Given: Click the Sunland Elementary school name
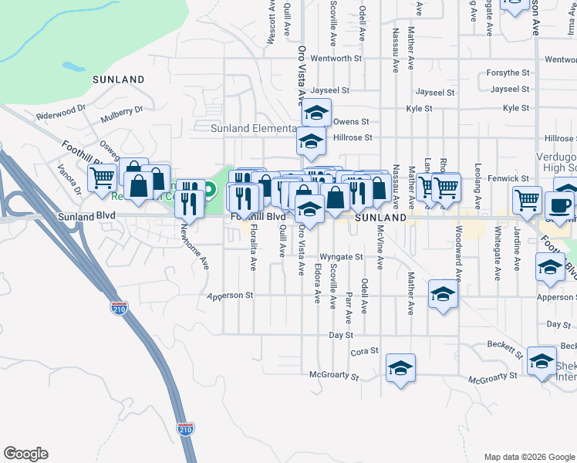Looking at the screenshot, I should [x=254, y=128].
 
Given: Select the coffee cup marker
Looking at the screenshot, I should [x=559, y=205].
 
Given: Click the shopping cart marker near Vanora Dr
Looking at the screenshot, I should [x=102, y=177].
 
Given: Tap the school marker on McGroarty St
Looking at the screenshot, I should [x=400, y=367].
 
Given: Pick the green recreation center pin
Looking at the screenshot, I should [x=210, y=188].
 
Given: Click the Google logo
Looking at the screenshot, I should [x=25, y=454].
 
